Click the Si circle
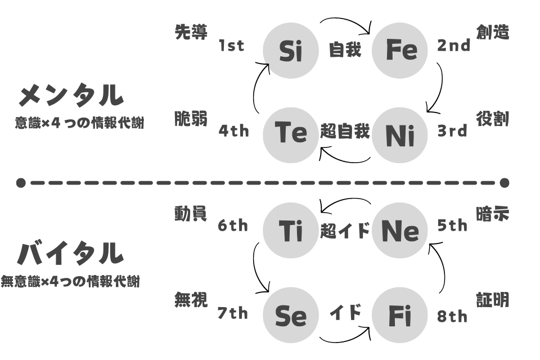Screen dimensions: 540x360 (x=291, y=51)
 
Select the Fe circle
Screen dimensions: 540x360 (x=400, y=51)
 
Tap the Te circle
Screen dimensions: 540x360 (x=291, y=135)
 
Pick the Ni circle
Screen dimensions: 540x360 (x=400, y=135)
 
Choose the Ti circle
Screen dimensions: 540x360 (x=291, y=230)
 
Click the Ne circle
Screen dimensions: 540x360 (x=400, y=230)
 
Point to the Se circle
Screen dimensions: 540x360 (x=291, y=315)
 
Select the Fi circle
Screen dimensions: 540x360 (x=400, y=315)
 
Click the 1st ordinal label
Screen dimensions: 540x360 (x=231, y=46)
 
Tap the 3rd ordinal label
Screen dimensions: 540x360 (x=452, y=131)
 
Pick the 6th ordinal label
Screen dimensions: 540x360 (x=233, y=226)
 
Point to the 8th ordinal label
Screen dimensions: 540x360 (x=452, y=316)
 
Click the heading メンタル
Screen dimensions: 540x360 (x=71, y=95)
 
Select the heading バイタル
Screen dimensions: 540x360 (x=70, y=253)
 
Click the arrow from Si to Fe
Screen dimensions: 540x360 (x=346, y=20)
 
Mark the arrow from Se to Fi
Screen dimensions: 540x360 (x=345, y=339)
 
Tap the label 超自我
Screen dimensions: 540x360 (x=345, y=131)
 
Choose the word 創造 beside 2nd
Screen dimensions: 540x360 (x=493, y=32)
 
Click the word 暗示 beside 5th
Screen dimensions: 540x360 (x=493, y=214)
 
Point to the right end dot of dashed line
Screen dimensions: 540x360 (x=505, y=183)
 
